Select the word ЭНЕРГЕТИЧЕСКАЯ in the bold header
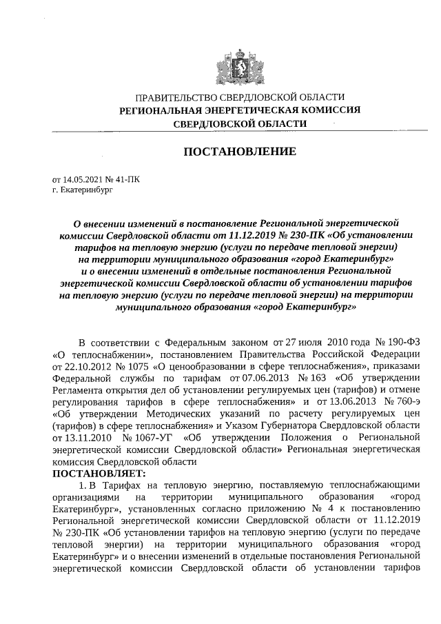[250, 110]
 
